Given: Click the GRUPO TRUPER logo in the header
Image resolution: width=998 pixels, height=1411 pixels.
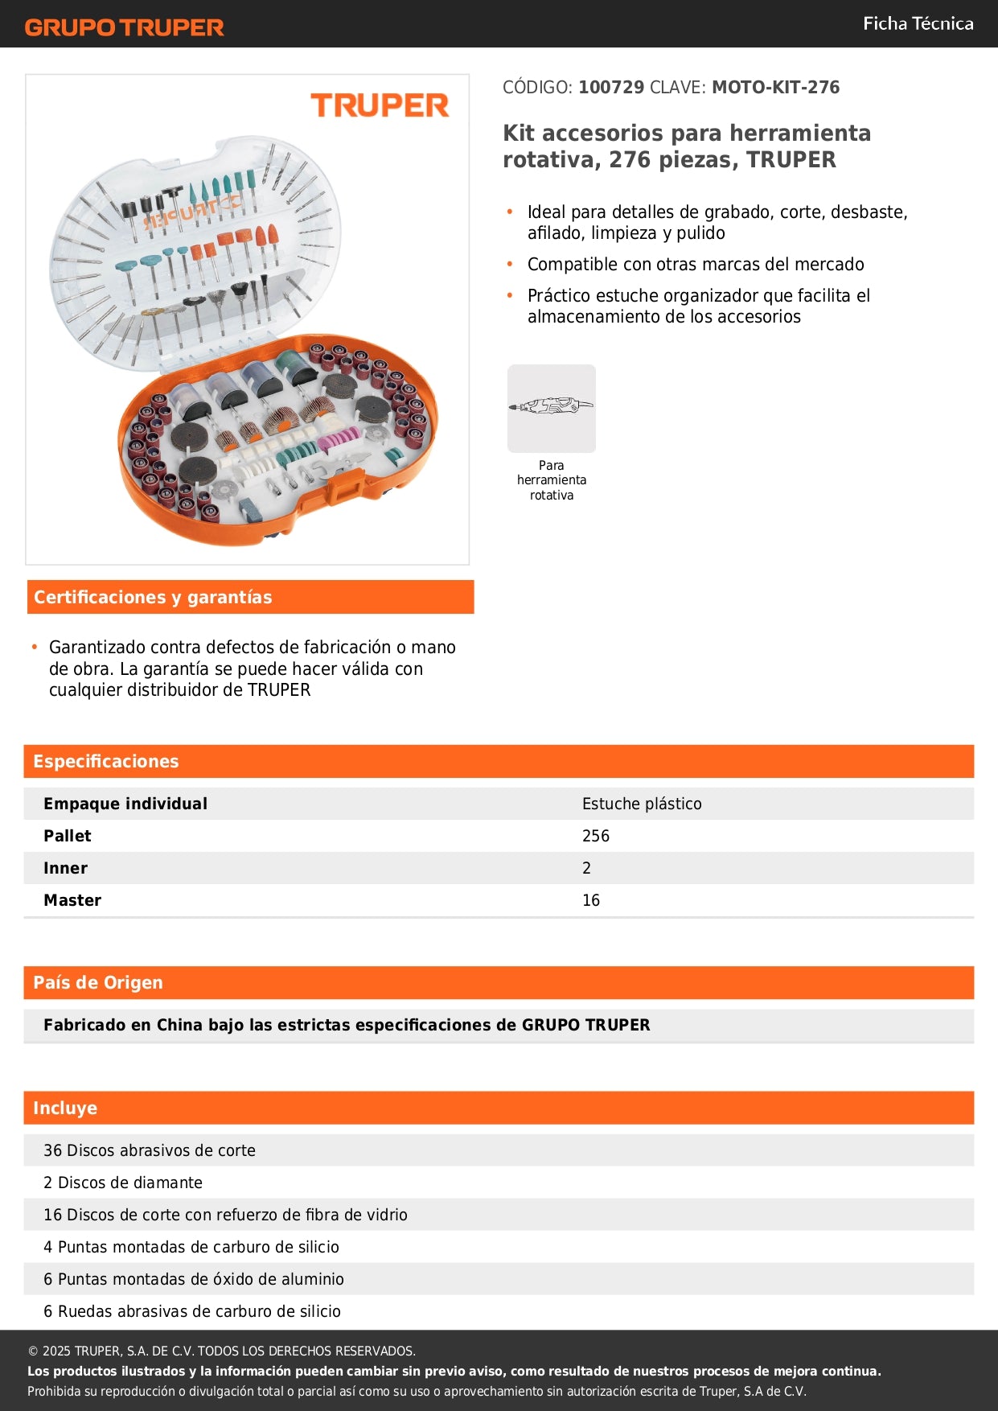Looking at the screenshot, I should [124, 27].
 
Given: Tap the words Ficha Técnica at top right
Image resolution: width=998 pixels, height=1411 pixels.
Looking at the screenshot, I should [918, 24].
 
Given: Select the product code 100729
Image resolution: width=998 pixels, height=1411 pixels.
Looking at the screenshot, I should [610, 88].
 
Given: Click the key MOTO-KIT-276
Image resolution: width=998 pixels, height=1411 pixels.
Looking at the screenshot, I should [775, 88].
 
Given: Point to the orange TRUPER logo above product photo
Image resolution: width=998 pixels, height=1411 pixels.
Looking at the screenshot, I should [380, 105].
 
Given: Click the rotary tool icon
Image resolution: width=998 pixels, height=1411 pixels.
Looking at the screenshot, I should [551, 408].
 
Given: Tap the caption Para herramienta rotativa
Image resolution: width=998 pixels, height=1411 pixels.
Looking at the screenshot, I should [551, 480].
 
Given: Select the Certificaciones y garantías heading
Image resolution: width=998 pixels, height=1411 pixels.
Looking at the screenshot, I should [153, 598].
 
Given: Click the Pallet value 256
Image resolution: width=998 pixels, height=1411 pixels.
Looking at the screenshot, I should [595, 836].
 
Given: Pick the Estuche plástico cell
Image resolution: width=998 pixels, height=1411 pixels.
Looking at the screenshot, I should [641, 804].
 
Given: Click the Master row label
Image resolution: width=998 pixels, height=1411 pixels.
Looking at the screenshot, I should [72, 900].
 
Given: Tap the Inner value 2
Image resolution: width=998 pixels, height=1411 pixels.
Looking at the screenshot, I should [586, 868].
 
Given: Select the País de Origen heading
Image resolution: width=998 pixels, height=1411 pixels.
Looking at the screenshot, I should [98, 983].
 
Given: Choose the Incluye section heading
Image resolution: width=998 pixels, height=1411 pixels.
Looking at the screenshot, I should [65, 1109].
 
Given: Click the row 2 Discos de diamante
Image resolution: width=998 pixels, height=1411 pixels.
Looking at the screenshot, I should [123, 1183].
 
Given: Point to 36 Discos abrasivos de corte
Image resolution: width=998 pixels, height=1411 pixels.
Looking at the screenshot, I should [150, 1150].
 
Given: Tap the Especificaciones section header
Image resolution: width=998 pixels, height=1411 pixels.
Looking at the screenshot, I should [106, 762].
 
